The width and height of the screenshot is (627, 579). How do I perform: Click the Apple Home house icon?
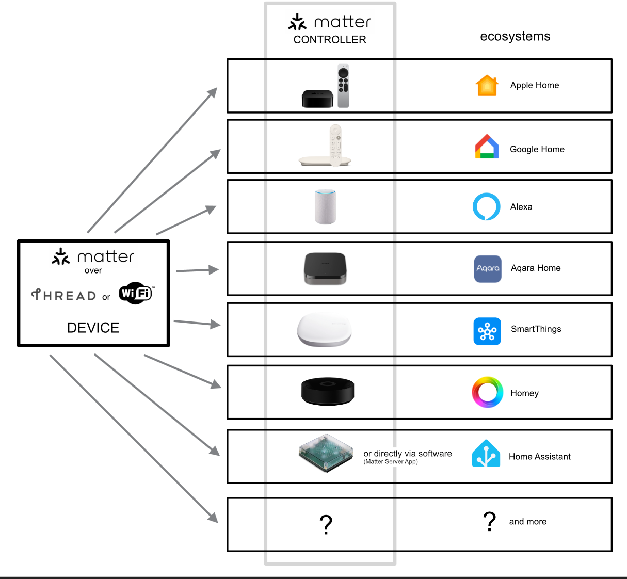[x=487, y=86]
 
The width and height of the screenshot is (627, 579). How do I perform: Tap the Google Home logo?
[x=487, y=147]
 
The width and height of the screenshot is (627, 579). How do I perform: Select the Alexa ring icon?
[x=487, y=206]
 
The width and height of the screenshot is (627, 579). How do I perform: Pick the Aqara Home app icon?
[x=488, y=268]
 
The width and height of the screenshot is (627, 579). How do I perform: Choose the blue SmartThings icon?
[x=487, y=331]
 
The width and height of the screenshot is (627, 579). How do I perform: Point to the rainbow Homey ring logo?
[x=487, y=392]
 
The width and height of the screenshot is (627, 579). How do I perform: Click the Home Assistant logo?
[x=486, y=454]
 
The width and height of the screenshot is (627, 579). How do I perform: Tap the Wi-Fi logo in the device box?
[x=136, y=293]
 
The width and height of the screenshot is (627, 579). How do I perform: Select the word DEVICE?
[x=93, y=328]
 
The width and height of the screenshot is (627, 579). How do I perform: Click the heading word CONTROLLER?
[x=330, y=40]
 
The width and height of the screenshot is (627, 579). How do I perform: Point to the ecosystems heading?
[x=515, y=36]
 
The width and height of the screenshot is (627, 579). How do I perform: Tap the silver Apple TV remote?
[x=343, y=85]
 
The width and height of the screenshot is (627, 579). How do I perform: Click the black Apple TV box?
[x=317, y=99]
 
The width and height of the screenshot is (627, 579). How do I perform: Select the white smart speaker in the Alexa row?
[x=325, y=206]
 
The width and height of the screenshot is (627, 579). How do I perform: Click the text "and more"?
[x=527, y=522]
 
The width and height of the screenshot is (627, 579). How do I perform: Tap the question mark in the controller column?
[x=326, y=525]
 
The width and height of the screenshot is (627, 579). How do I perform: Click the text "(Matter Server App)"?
[x=391, y=462]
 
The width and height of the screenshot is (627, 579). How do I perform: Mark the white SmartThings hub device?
[x=324, y=330]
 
